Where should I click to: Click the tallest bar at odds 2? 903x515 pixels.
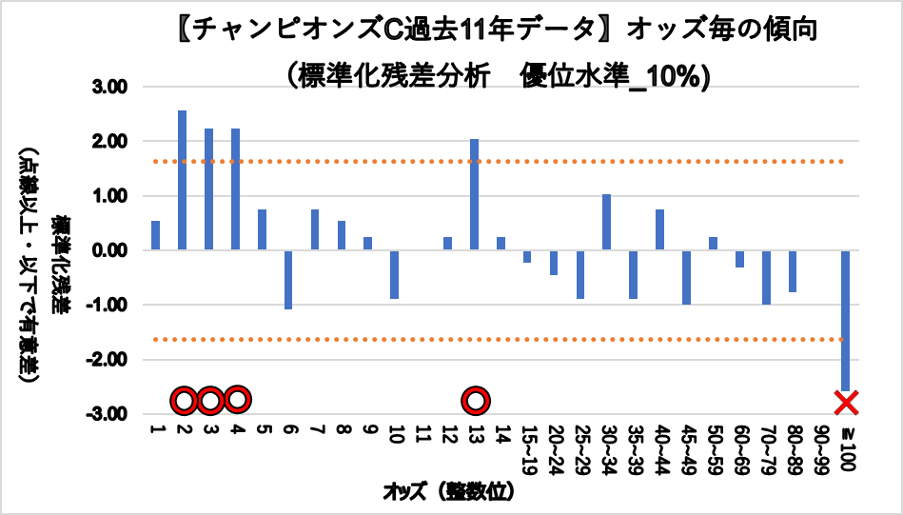point(182,180)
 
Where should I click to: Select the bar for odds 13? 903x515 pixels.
point(474,194)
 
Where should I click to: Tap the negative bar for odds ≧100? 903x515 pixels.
point(845,320)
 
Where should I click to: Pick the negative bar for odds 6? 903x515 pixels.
point(288,279)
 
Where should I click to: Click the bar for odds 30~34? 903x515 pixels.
point(606,222)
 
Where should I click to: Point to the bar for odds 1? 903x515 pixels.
point(155,235)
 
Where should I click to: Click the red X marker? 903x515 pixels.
point(846,403)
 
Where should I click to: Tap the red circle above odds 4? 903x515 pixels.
point(237,398)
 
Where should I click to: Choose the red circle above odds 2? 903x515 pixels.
point(185,401)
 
